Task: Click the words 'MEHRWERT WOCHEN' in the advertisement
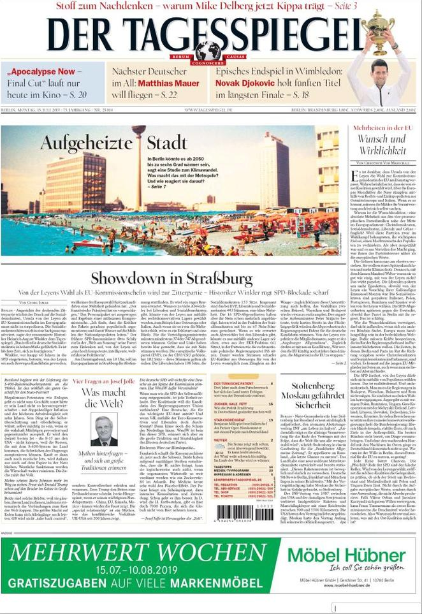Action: pyautogui.click(x=138, y=552)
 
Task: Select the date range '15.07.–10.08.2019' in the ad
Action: pyautogui.click(x=138, y=569)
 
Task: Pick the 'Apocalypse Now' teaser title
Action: pyautogui.click(x=42, y=72)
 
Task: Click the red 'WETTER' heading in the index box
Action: pyautogui.click(x=221, y=440)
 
